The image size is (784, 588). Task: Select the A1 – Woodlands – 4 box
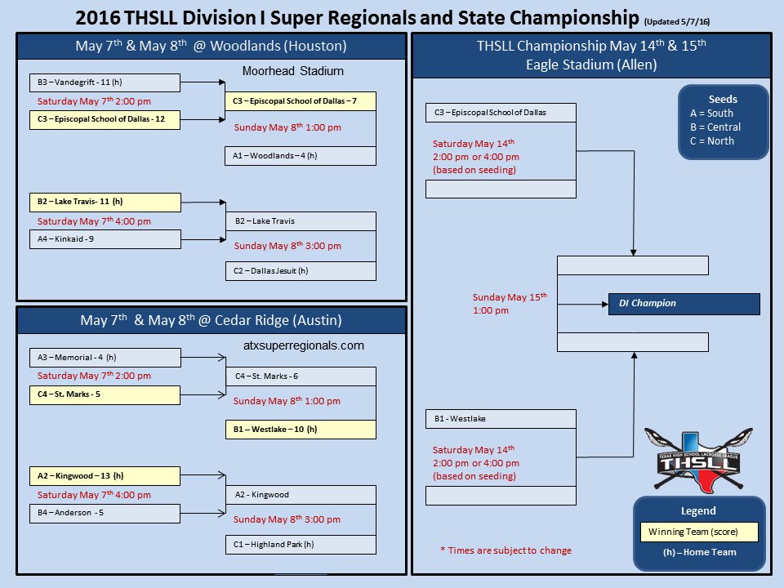(x=300, y=156)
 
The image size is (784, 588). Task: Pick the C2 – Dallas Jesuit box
(x=300, y=271)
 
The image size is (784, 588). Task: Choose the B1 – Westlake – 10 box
(x=300, y=429)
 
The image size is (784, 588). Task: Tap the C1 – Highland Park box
(x=300, y=545)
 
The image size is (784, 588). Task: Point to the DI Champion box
(x=684, y=304)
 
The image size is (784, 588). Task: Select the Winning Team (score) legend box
(x=698, y=532)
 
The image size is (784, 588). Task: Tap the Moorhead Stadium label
(x=292, y=72)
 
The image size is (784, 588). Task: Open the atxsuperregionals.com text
(x=304, y=346)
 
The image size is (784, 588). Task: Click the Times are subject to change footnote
(x=506, y=550)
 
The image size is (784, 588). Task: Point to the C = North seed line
(x=712, y=141)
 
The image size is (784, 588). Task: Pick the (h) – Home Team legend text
(x=699, y=553)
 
